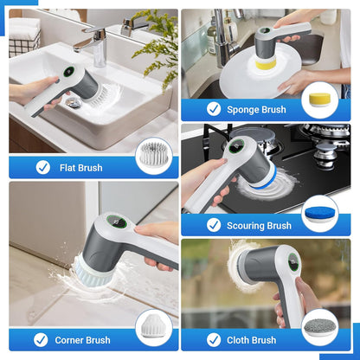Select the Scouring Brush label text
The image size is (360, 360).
coord(258,225)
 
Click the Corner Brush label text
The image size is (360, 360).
coord(85,340)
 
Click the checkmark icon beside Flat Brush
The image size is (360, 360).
coord(42,167)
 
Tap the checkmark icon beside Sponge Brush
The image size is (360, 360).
coord(214,109)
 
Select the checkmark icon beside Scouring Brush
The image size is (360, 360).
coord(214,225)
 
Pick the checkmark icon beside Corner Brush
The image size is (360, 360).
coord(42,340)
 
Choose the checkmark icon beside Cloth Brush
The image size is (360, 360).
coord(214,340)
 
